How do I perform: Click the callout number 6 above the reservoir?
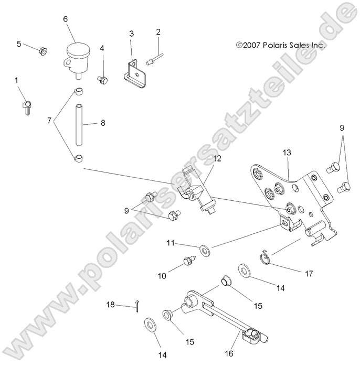coord(65,19)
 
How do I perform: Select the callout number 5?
coord(19,44)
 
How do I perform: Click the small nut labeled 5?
coord(43,51)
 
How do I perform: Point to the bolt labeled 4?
coord(103,80)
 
